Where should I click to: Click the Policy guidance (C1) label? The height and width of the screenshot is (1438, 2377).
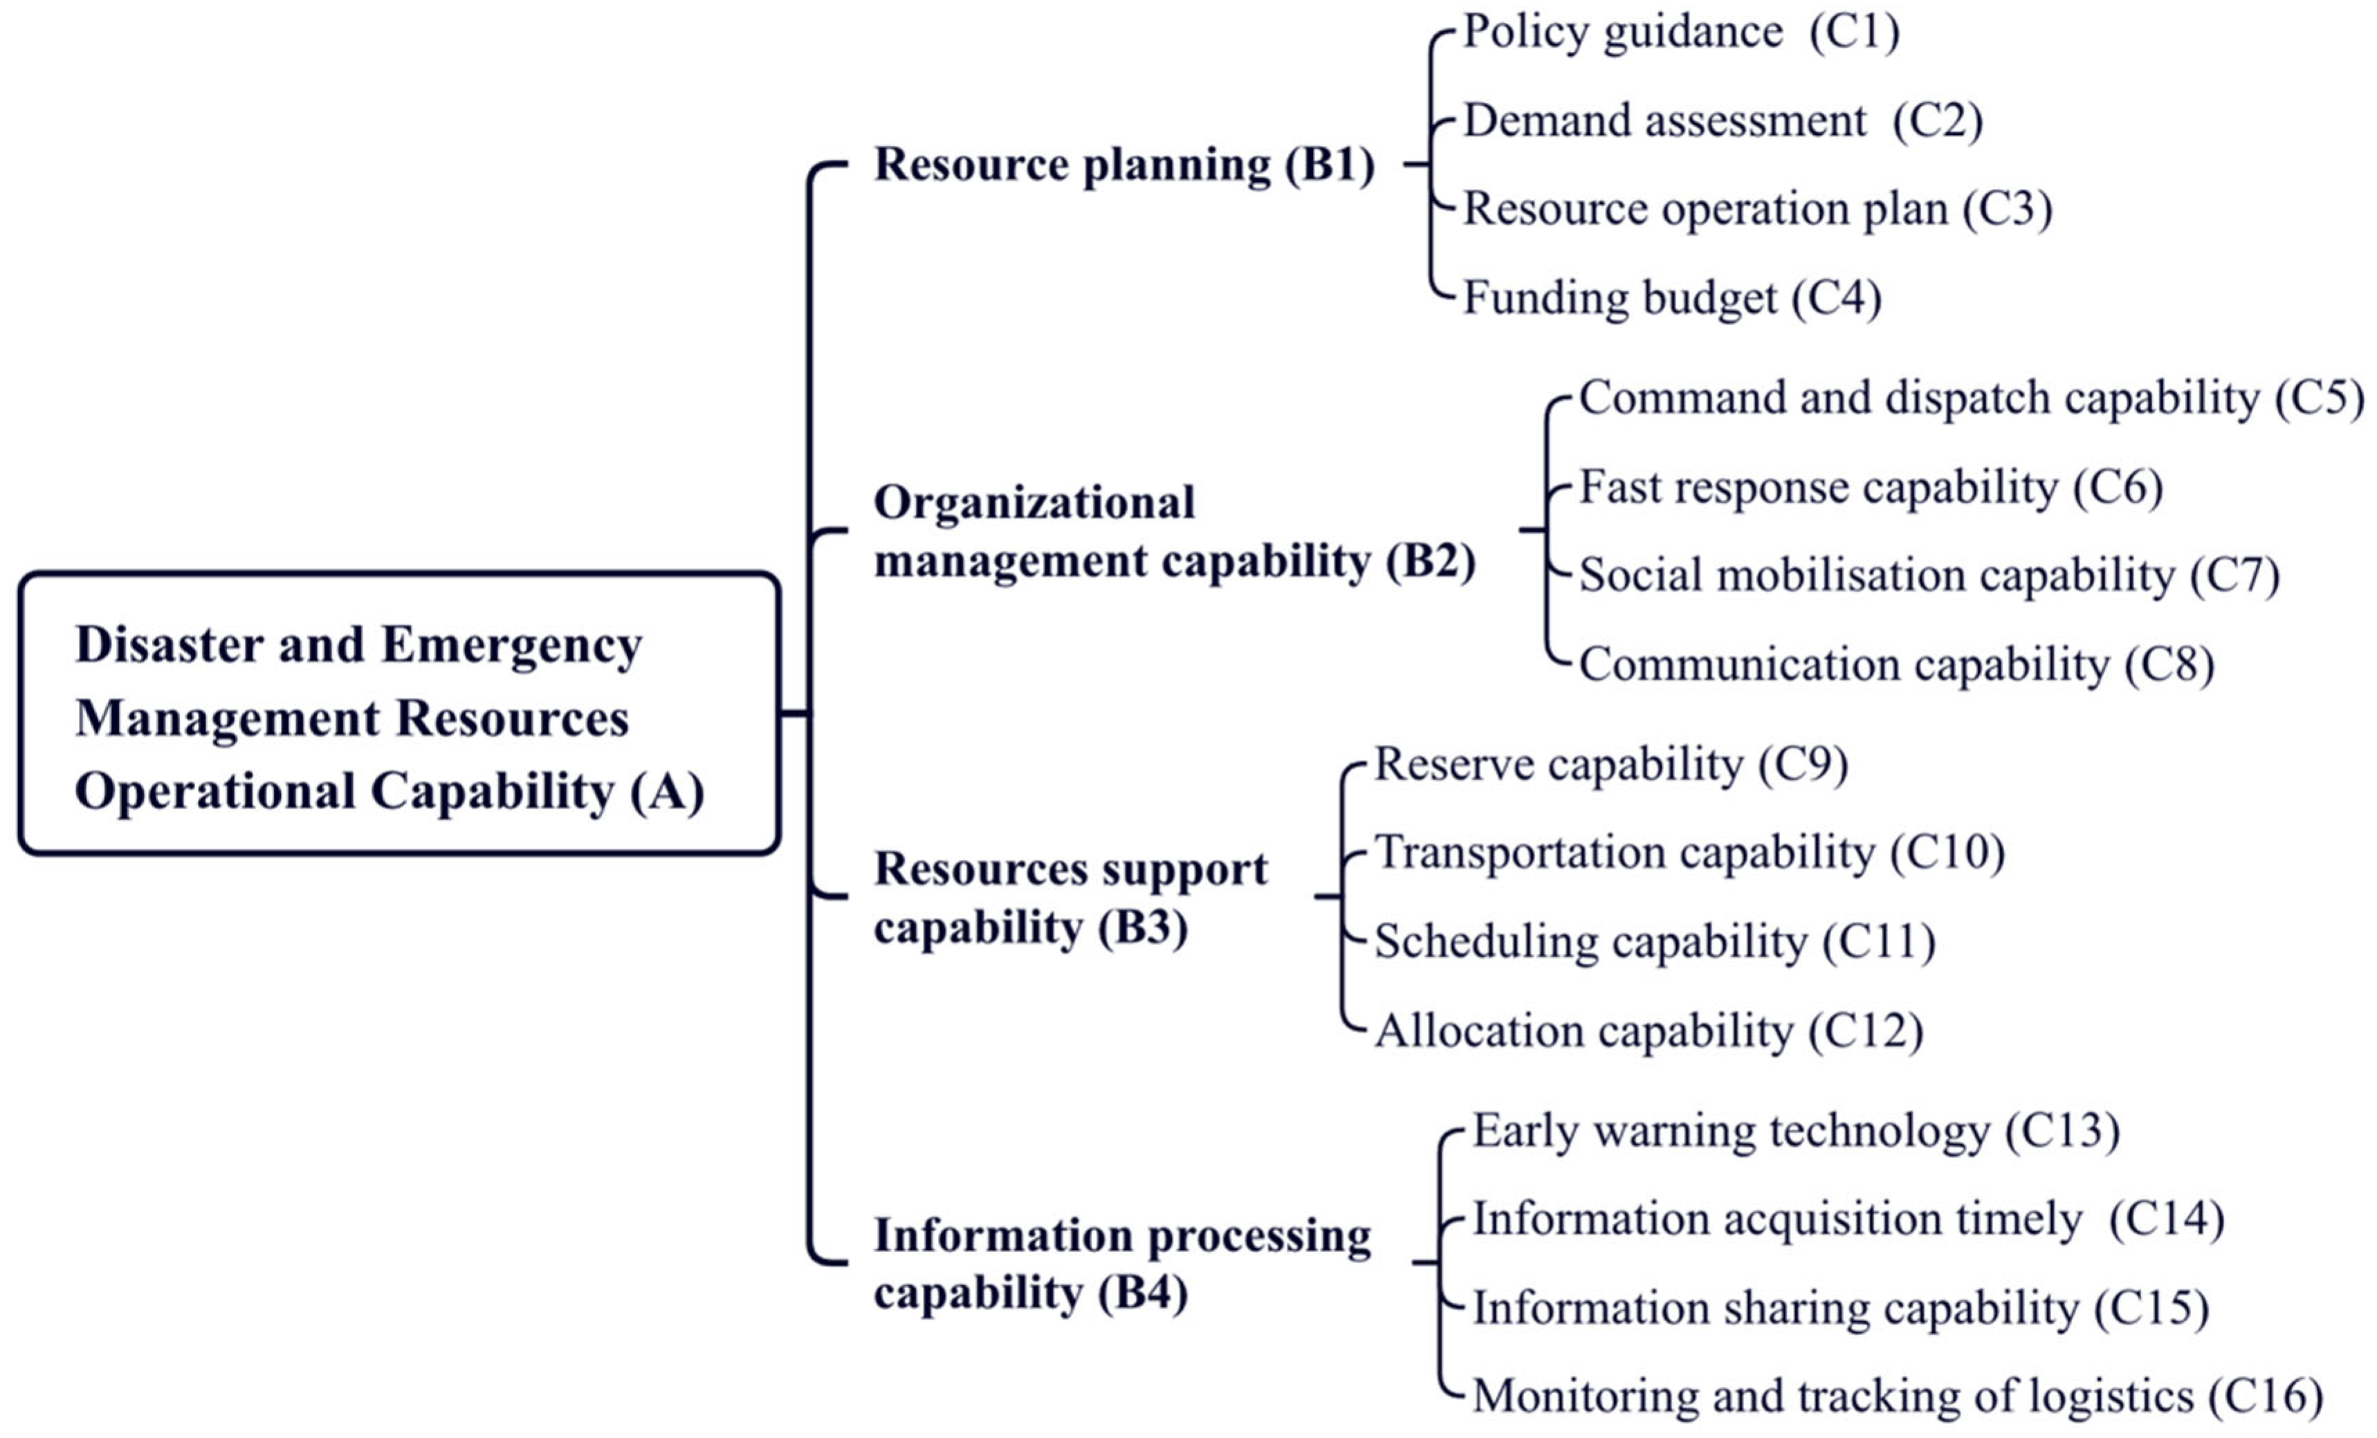click(1680, 32)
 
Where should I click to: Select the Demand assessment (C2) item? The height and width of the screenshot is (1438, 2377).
click(1722, 120)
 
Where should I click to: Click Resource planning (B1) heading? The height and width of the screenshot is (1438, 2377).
click(1124, 164)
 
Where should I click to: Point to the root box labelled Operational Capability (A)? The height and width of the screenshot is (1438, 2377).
click(398, 714)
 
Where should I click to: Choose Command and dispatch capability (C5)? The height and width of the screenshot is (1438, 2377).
click(1971, 397)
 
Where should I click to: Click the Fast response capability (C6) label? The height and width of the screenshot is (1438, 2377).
click(1871, 486)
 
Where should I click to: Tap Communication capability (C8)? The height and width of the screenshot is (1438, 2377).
click(1896, 665)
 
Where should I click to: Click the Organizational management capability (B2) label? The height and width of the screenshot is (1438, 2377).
click(1173, 531)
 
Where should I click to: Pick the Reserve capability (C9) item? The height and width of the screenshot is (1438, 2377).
click(1610, 764)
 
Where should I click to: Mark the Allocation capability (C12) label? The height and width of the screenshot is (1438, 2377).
click(1649, 1031)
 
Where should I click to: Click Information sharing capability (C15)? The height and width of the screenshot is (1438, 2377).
click(1839, 1308)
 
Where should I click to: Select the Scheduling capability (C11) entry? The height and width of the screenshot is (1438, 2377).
click(1655, 941)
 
